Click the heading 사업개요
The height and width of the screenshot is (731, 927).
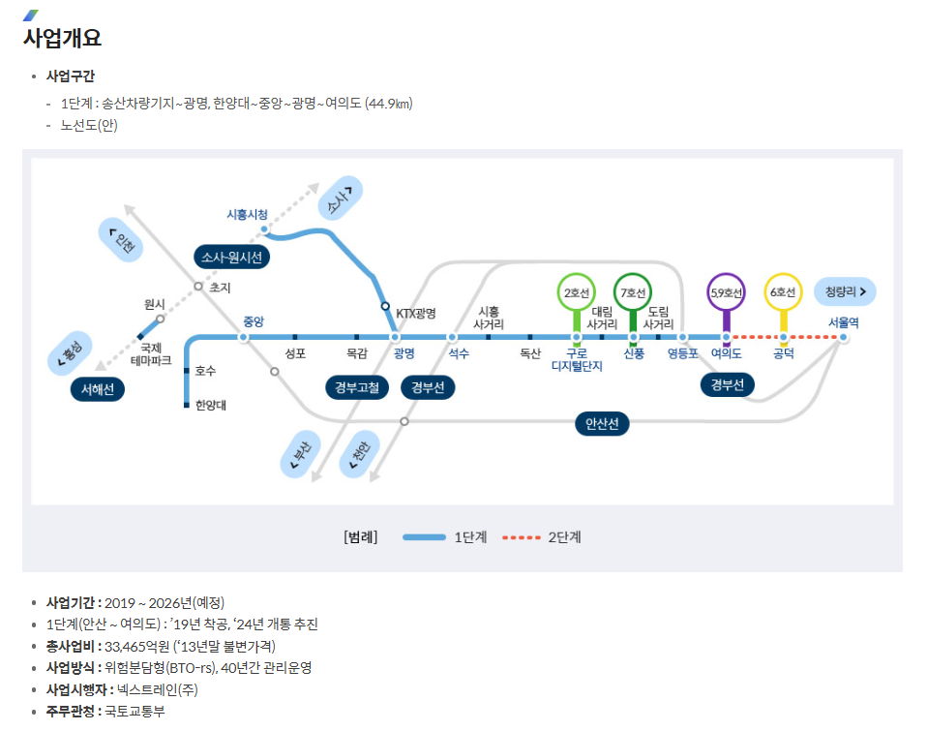(62, 39)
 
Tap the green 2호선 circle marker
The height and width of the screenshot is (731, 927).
(576, 291)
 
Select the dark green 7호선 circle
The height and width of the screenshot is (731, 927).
(633, 291)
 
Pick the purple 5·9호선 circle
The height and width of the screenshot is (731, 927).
(726, 291)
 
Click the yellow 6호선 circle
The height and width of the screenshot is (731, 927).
(783, 291)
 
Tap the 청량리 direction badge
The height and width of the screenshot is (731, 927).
(845, 290)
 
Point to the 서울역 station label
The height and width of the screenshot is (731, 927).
(843, 322)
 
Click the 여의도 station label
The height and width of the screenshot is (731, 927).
(726, 353)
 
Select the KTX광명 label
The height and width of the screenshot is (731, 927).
(416, 314)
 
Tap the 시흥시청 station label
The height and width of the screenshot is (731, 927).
(247, 214)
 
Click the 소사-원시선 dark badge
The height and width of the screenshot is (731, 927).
(232, 257)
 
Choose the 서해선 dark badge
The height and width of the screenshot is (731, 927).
(98, 389)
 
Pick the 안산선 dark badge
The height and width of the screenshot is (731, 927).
(602, 424)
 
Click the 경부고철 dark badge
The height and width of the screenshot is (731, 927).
(357, 388)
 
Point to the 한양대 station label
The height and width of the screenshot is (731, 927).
(210, 405)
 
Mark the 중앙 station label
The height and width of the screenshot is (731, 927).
(254, 321)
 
